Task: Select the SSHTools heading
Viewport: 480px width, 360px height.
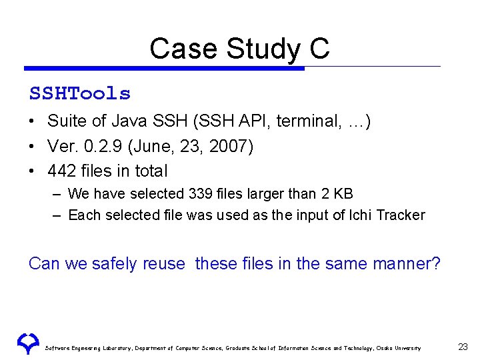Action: [80, 93]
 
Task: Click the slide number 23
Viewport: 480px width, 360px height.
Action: [463, 346]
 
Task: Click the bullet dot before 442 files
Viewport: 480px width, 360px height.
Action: [32, 171]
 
